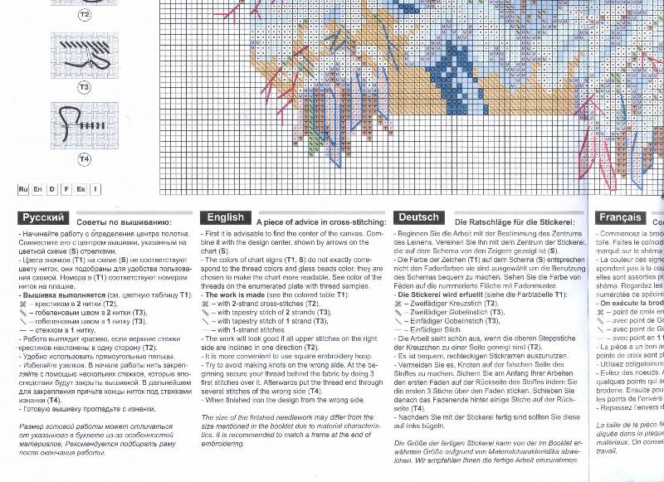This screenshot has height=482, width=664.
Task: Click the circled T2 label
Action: [84, 16]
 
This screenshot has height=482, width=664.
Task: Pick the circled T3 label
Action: [84, 86]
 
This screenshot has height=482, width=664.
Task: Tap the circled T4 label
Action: [84, 158]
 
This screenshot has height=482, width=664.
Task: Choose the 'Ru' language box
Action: [24, 189]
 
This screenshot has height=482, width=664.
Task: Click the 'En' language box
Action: [38, 189]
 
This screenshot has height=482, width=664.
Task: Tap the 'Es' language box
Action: [81, 189]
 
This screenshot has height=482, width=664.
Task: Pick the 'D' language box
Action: [52, 189]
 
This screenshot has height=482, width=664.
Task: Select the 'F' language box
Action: [66, 189]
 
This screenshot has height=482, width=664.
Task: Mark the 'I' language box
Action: [95, 189]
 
